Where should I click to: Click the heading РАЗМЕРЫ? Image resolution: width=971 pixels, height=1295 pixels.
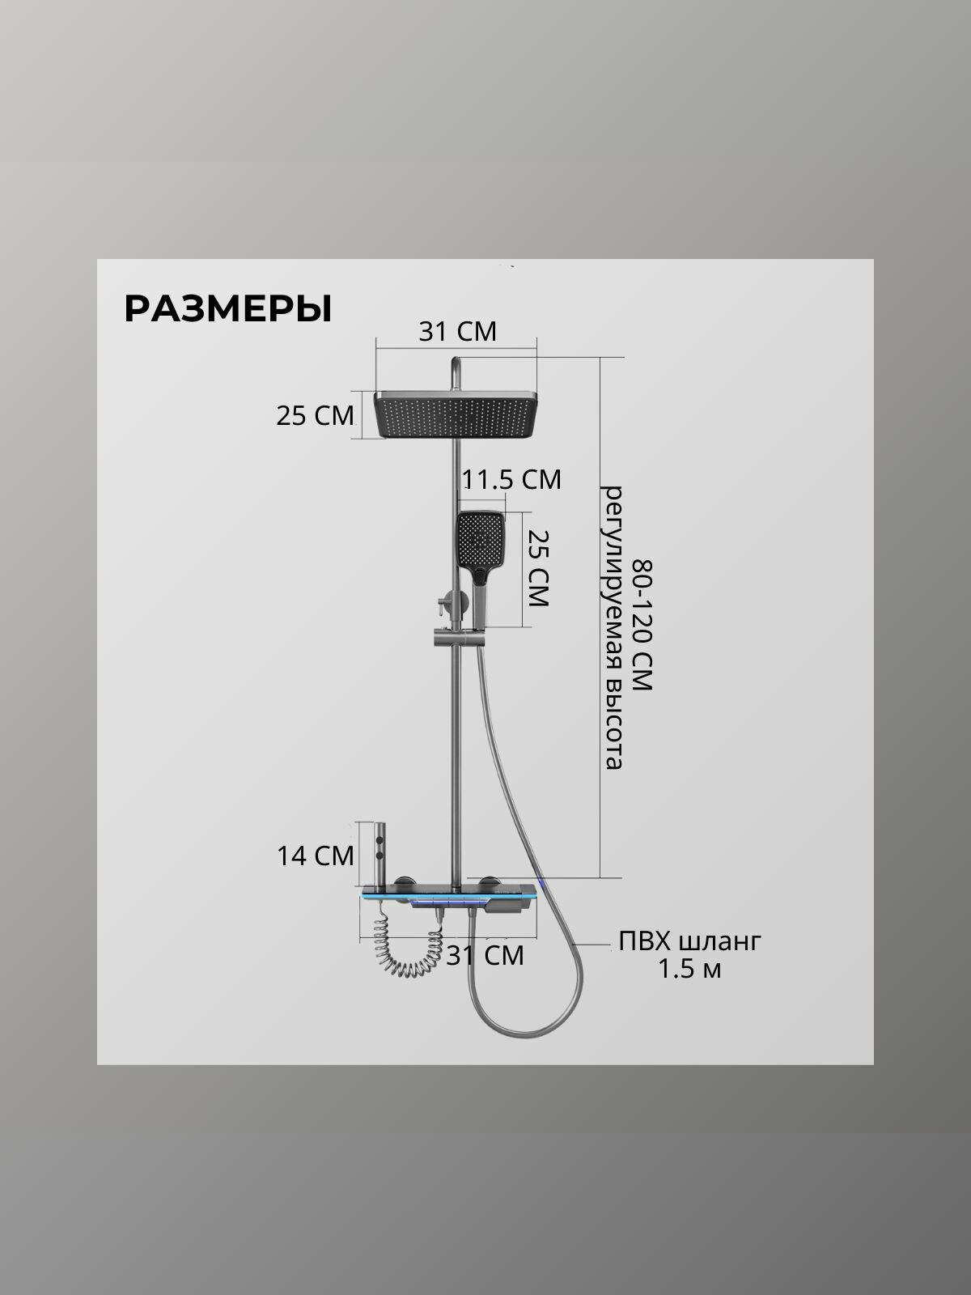[227, 308]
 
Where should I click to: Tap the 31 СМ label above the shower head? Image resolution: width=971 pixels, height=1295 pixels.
[457, 331]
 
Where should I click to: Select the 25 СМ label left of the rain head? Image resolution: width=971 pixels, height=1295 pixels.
[315, 415]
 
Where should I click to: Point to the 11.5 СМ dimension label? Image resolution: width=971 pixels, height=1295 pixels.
[511, 479]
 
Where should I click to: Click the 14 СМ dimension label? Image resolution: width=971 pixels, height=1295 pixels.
[315, 856]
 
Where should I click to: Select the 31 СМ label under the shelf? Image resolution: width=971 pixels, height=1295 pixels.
[485, 955]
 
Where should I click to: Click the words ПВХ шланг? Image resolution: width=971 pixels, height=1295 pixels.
[689, 942]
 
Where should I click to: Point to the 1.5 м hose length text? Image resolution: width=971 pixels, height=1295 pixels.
[689, 969]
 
